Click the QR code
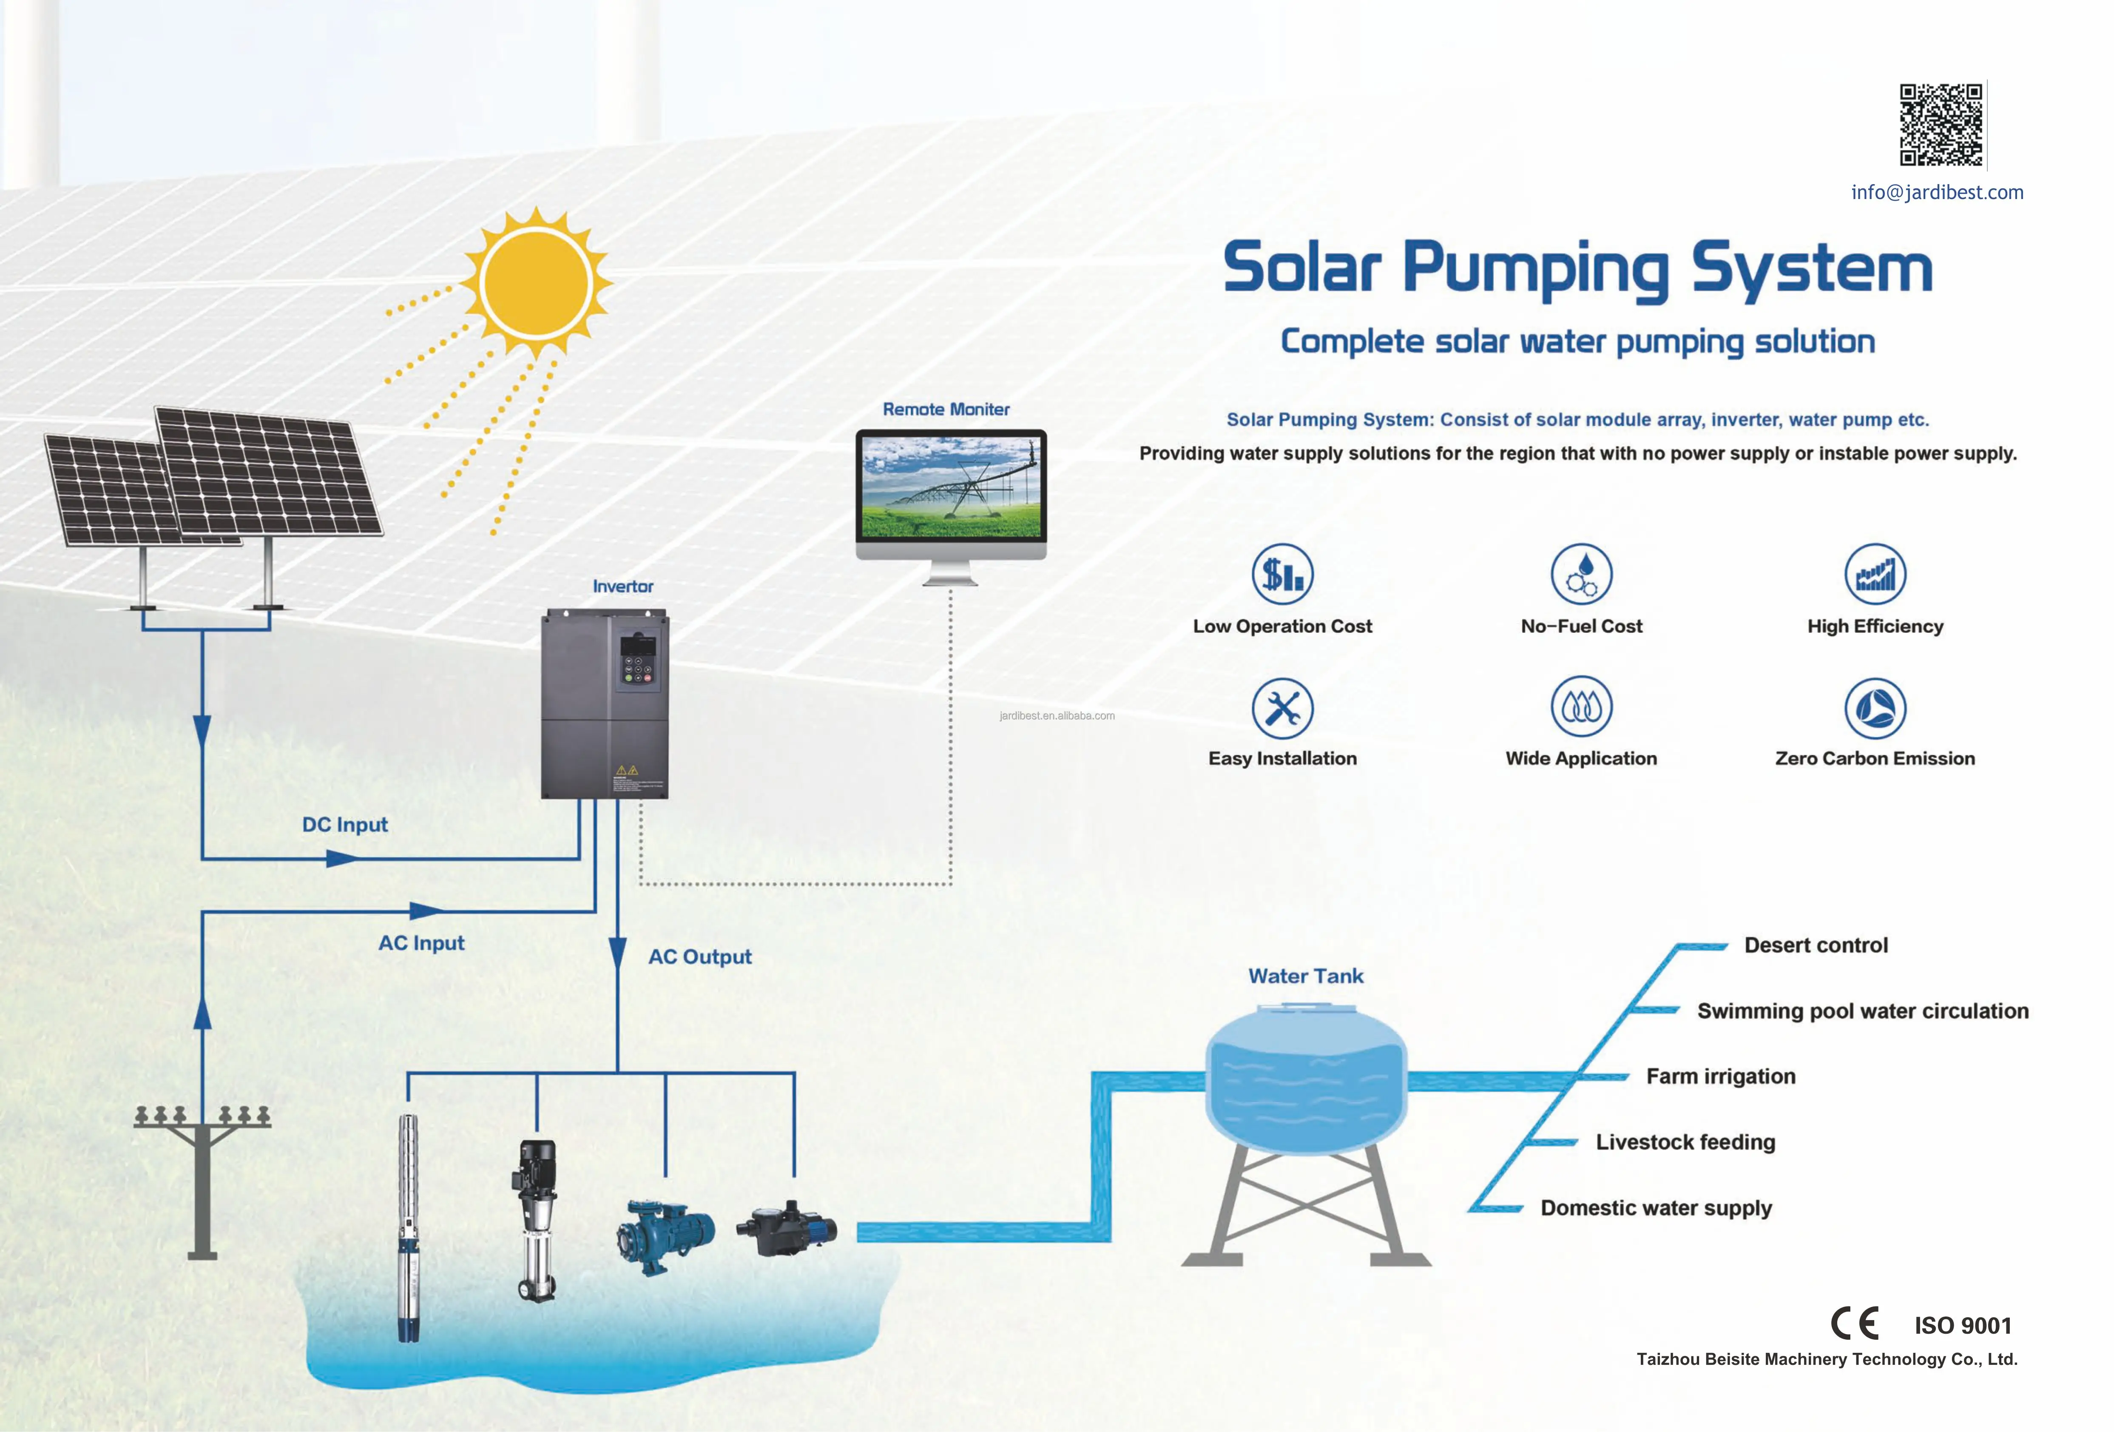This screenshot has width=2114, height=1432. point(1940,125)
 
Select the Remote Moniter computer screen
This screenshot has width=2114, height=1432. point(951,487)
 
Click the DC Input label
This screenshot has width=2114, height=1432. point(345,824)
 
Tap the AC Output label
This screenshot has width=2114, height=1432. point(699,956)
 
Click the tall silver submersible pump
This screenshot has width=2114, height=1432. point(409,1228)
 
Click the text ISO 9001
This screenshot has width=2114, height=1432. point(1962,1326)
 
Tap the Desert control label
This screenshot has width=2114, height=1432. point(1816,945)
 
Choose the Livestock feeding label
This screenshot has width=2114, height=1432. point(1685,1142)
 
